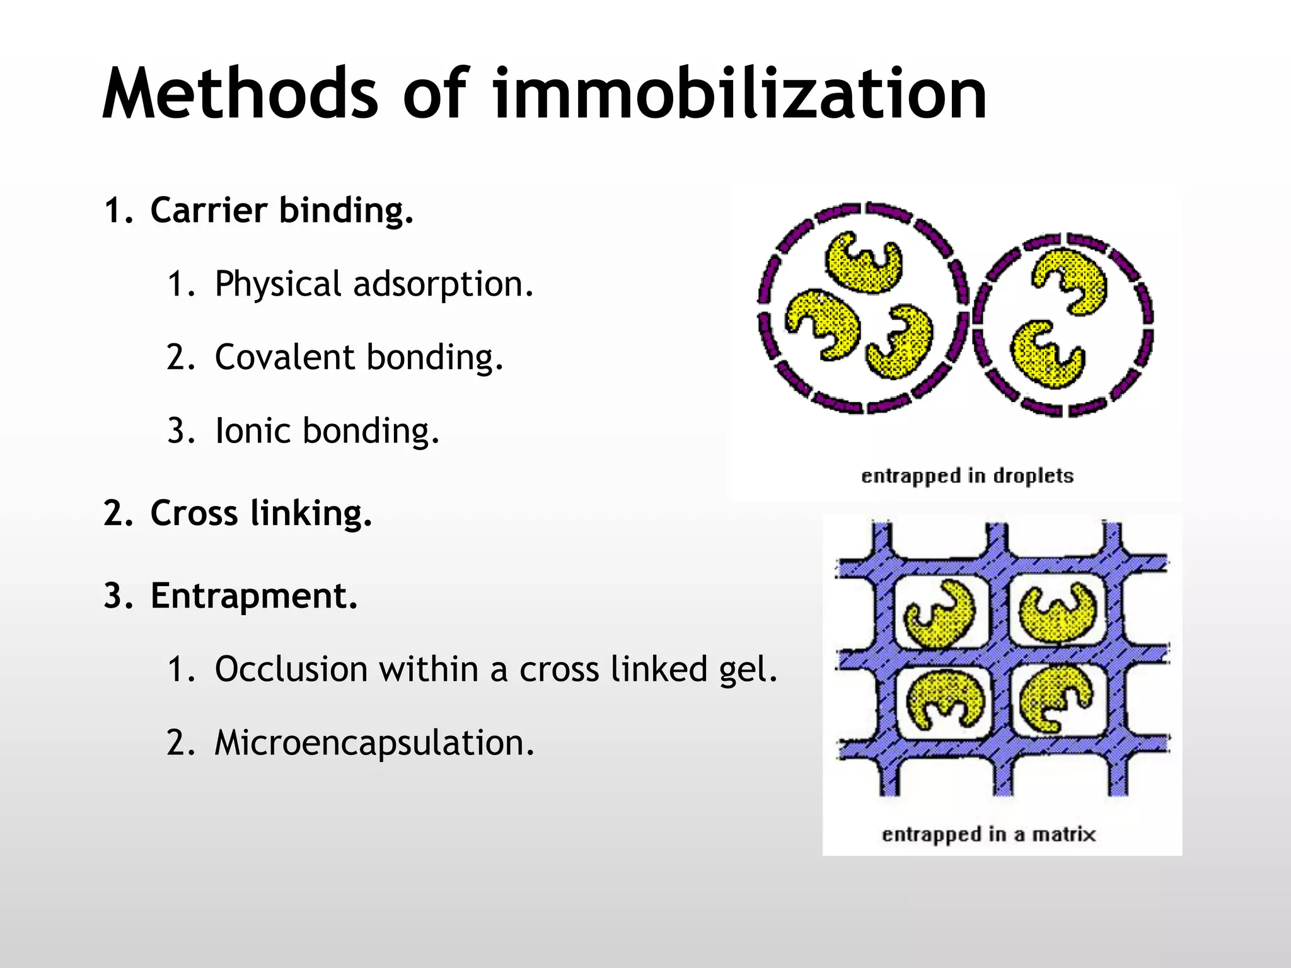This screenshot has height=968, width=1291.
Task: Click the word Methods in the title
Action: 240,95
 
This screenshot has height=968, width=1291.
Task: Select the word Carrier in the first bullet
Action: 209,210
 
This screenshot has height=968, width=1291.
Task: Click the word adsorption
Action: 443,285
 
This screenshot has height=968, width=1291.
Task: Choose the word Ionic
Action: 252,431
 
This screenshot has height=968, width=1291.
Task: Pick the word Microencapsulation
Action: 374,743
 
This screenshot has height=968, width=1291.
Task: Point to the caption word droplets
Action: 1033,476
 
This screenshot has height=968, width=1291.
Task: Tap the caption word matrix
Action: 1063,834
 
